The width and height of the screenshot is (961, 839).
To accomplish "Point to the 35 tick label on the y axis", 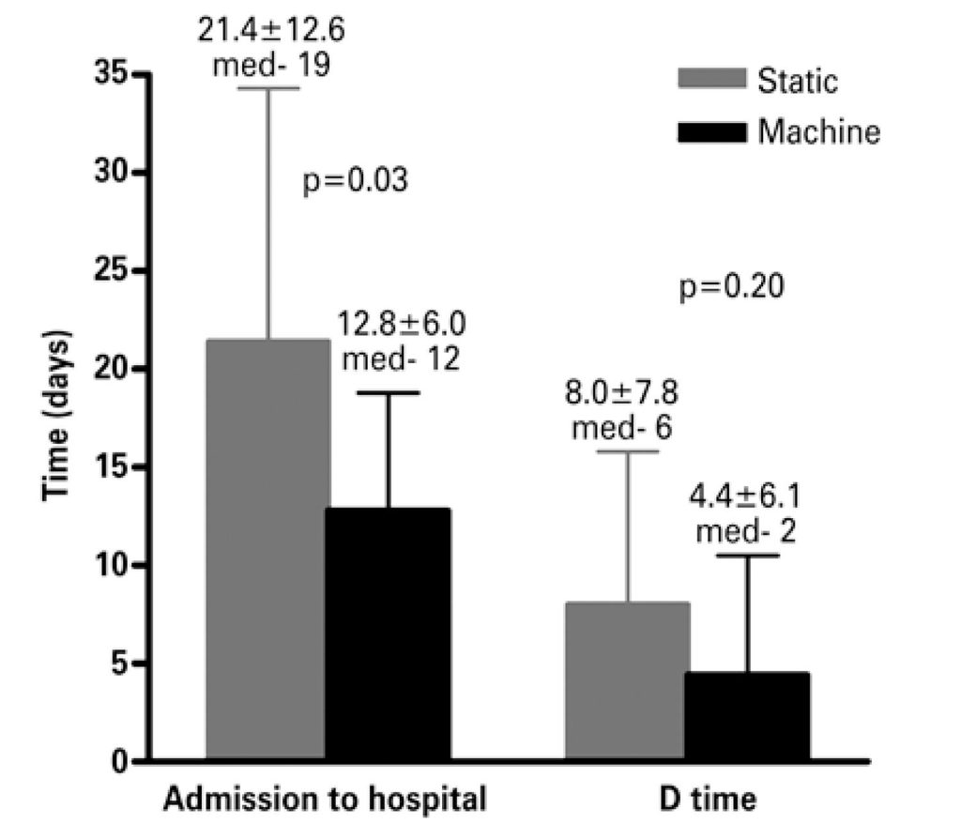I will coord(112,75).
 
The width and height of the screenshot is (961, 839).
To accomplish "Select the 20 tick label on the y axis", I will coord(112,369).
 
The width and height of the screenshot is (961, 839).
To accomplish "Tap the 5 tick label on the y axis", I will coord(121,664).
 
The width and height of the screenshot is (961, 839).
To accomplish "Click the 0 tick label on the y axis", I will coord(121,761).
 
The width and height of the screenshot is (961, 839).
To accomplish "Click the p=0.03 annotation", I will coord(356,179).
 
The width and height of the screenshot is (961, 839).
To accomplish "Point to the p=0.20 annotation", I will coord(733,286).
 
